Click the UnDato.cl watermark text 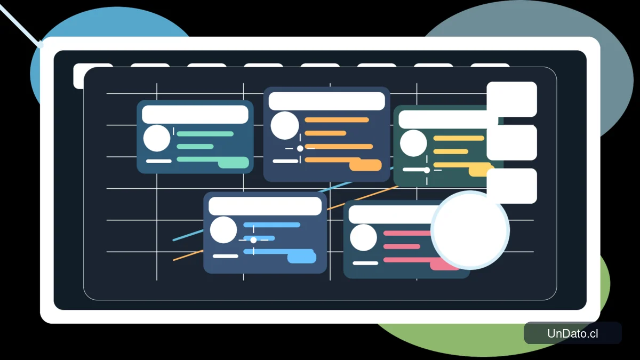(x=573, y=333)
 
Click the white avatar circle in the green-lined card (x=157, y=138)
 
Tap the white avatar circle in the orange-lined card (x=285, y=125)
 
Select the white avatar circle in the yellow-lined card (x=413, y=143)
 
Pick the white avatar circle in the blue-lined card (x=223, y=230)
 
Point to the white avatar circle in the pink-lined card (x=363, y=237)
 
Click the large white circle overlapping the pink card (x=470, y=230)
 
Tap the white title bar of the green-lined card (x=195, y=115)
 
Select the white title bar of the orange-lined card (x=326, y=101)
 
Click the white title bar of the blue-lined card (x=265, y=206)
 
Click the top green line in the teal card (x=205, y=134)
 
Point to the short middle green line (x=195, y=147)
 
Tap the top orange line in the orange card (x=337, y=120)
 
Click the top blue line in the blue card (x=271, y=225)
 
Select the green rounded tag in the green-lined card (x=234, y=163)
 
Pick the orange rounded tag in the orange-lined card (x=365, y=165)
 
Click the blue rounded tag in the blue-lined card (x=302, y=257)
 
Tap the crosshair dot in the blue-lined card (x=253, y=241)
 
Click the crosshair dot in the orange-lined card (x=300, y=149)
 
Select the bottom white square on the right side (x=511, y=186)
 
